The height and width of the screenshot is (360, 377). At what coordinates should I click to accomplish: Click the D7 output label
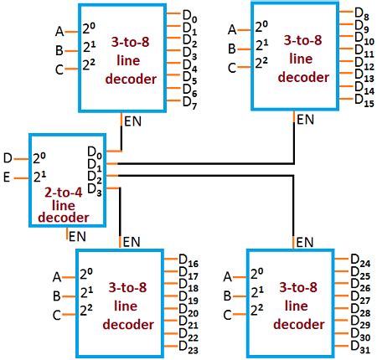tap(190, 103)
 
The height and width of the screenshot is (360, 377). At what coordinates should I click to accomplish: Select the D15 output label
tap(364, 100)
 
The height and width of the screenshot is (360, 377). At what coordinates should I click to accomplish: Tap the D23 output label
tap(188, 347)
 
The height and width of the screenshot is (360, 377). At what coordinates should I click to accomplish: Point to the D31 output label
tap(360, 347)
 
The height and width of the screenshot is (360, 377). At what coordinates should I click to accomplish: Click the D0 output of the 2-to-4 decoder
tap(95, 153)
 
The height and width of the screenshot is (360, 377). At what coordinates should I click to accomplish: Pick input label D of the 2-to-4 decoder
tap(8, 158)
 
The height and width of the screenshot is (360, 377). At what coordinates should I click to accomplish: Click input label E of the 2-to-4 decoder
tap(7, 177)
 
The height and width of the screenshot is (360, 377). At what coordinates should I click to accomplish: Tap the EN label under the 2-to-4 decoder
tap(77, 237)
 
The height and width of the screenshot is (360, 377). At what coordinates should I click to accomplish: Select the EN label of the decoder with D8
tap(306, 120)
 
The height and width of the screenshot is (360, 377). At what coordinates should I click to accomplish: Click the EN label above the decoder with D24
tap(305, 242)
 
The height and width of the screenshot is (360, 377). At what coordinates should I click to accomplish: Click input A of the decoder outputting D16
tap(57, 277)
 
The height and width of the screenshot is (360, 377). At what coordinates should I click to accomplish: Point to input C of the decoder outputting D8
tap(232, 68)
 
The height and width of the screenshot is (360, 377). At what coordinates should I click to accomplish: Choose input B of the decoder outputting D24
tap(228, 296)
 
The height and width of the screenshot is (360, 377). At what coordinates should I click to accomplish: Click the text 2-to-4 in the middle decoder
tap(64, 193)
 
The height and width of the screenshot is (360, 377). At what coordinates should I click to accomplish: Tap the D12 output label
tap(364, 64)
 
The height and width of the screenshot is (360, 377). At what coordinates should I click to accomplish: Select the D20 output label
tap(188, 311)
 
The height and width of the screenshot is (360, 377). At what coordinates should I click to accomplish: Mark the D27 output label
tap(360, 297)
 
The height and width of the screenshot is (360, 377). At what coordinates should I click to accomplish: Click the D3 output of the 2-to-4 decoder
tap(95, 190)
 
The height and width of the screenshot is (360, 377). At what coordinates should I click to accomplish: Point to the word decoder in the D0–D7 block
tap(131, 79)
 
